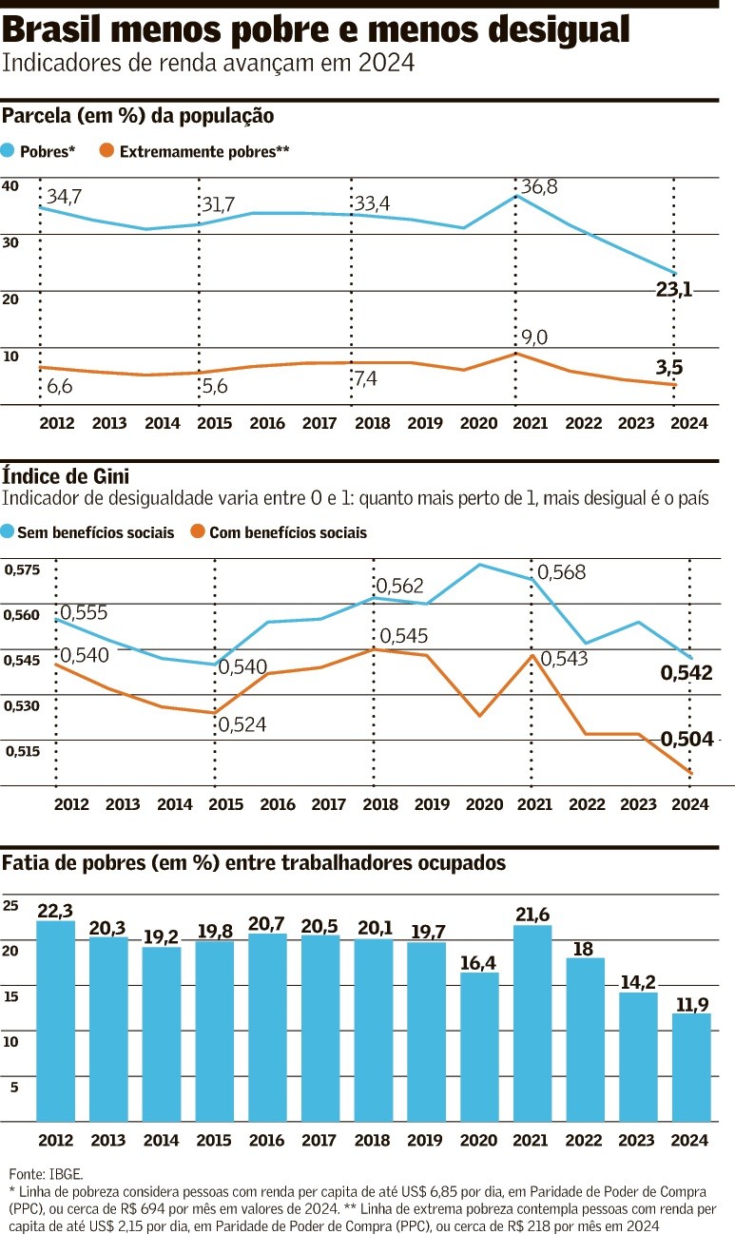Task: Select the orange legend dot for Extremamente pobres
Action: pyautogui.click(x=106, y=150)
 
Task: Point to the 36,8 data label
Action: pyautogui.click(x=538, y=187)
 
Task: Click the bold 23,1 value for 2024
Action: pyautogui.click(x=673, y=289)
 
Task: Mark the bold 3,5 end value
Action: pyautogui.click(x=669, y=366)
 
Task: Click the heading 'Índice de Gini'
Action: pyautogui.click(x=66, y=475)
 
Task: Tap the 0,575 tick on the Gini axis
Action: pyautogui.click(x=22, y=569)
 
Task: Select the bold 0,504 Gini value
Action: pyautogui.click(x=687, y=739)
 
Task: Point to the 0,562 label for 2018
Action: pyautogui.click(x=399, y=586)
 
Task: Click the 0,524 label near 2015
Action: pyautogui.click(x=242, y=724)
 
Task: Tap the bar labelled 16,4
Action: pyautogui.click(x=479, y=1046)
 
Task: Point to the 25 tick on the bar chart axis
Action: pyautogui.click(x=11, y=905)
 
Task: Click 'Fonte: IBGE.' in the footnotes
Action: pyautogui.click(x=46, y=1173)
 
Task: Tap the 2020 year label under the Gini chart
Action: pyautogui.click(x=484, y=804)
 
